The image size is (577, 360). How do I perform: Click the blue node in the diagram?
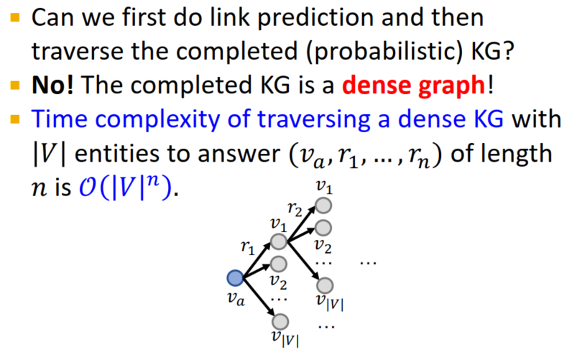pyautogui.click(x=235, y=278)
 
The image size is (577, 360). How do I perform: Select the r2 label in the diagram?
pyautogui.click(x=295, y=208)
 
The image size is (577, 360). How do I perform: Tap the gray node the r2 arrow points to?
pyautogui.click(x=323, y=206)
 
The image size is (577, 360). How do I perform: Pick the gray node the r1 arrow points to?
pyautogui.click(x=279, y=241)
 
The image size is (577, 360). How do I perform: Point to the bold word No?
pyautogui.click(x=52, y=85)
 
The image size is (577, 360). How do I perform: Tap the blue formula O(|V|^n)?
pyautogui.click(x=126, y=188)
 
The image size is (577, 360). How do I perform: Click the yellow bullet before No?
pyautogui.click(x=14, y=86)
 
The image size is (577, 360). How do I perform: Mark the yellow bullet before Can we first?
pyautogui.click(x=14, y=17)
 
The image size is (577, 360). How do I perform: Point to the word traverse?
pyautogui.click(x=78, y=52)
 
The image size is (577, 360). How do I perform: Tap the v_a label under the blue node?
pyautogui.click(x=236, y=298)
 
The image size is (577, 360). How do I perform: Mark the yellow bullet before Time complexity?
pyautogui.click(x=14, y=119)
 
